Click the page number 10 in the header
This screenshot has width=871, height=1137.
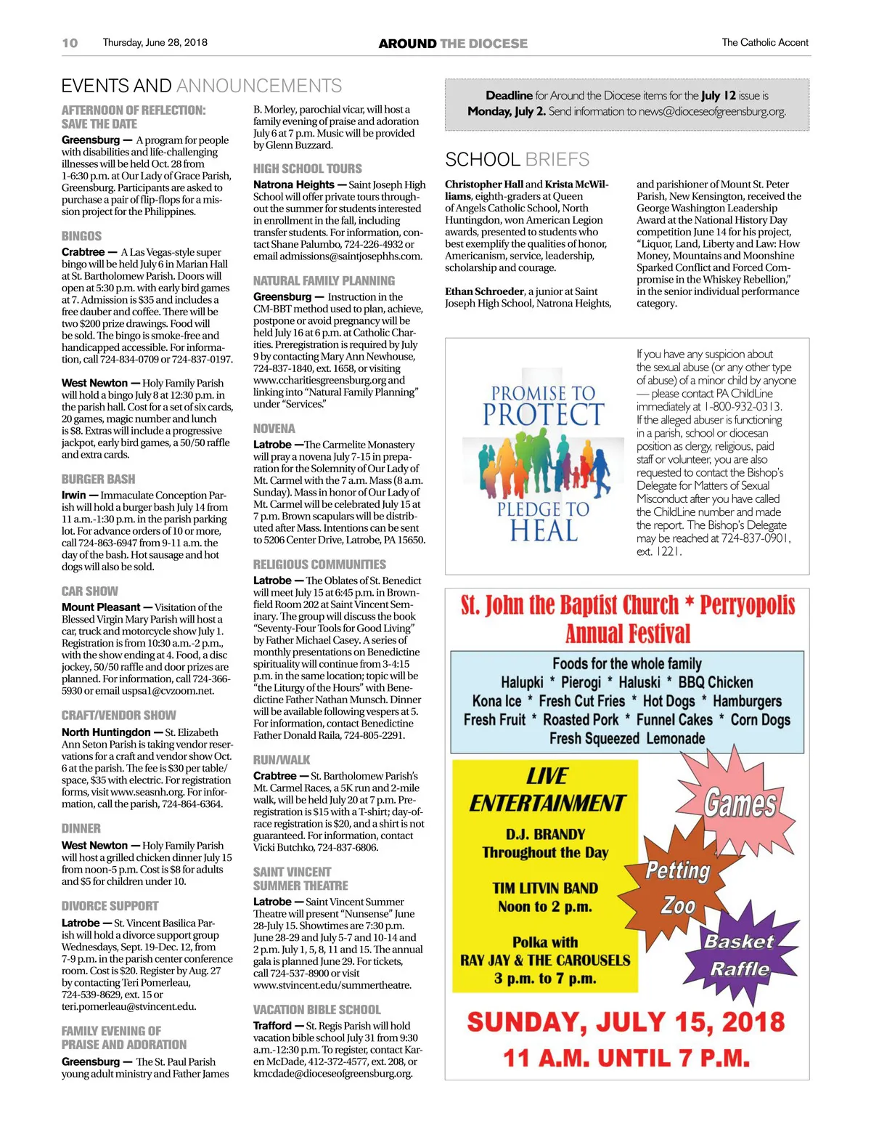pyautogui.click(x=70, y=43)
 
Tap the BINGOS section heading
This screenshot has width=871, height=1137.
pyautogui.click(x=81, y=236)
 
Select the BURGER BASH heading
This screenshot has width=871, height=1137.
pyautogui.click(x=98, y=479)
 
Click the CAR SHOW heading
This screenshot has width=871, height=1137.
pyautogui.click(x=89, y=591)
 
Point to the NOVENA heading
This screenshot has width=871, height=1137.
pyautogui.click(x=274, y=429)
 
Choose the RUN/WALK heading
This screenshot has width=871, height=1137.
pyautogui.click(x=281, y=760)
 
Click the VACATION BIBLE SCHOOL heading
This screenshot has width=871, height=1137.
pyautogui.click(x=316, y=1010)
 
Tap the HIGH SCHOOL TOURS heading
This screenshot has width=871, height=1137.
pyautogui.click(x=307, y=169)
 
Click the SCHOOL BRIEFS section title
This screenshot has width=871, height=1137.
pyautogui.click(x=517, y=160)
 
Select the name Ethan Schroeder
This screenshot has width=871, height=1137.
pyautogui.click(x=484, y=291)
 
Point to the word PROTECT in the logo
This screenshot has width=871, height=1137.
pyautogui.click(x=543, y=415)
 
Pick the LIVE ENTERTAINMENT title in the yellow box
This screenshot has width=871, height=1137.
pyautogui.click(x=546, y=790)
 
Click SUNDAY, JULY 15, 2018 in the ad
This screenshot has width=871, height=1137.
pyautogui.click(x=626, y=1022)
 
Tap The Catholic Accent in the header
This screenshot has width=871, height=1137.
pyautogui.click(x=764, y=43)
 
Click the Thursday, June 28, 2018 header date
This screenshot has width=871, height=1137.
pyautogui.click(x=155, y=43)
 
